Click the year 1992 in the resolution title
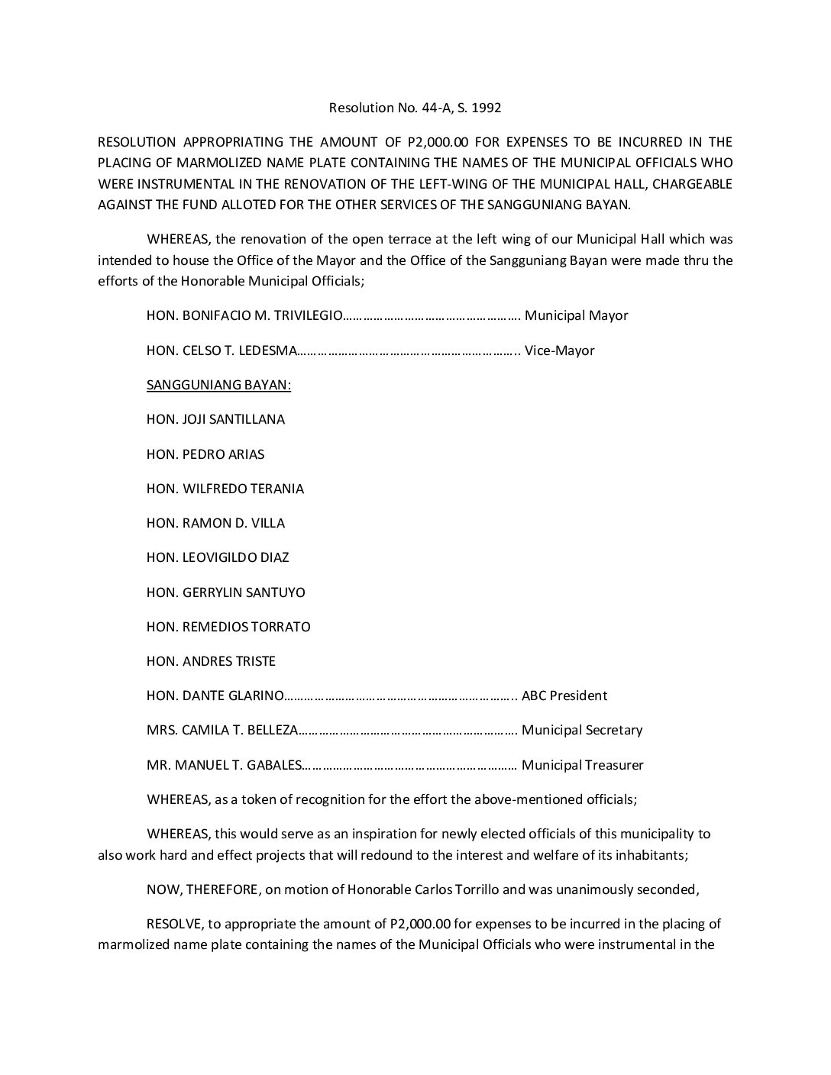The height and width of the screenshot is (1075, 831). tap(487, 108)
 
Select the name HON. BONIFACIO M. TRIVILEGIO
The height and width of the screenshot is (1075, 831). tap(241, 315)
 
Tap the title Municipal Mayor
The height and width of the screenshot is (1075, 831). tap(577, 315)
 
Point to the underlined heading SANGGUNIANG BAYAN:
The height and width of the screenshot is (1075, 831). tap(218, 385)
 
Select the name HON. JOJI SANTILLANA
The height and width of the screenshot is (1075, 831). tap(215, 419)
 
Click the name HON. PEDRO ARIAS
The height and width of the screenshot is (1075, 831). tap(205, 454)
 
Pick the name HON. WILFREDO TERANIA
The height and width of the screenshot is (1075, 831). tap(225, 489)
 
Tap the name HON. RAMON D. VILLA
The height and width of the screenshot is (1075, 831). tap(215, 523)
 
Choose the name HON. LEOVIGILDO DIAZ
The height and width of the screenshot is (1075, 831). tap(218, 557)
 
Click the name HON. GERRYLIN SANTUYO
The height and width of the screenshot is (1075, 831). tap(226, 592)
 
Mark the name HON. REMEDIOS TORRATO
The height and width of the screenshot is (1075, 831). tap(228, 627)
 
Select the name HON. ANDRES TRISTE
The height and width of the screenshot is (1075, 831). tap(211, 661)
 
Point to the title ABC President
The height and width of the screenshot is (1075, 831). tap(564, 696)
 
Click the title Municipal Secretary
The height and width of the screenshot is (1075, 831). tap(582, 730)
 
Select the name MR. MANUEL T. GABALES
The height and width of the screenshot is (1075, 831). tap(225, 765)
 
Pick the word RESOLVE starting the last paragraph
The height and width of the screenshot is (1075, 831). tap(173, 924)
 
